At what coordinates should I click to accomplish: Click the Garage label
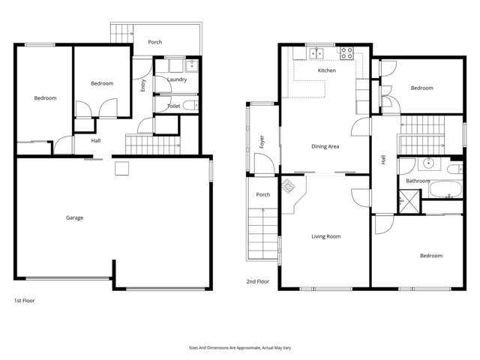click(x=74, y=218)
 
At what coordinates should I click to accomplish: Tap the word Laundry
click(x=177, y=79)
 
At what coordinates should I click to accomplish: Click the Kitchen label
click(x=326, y=70)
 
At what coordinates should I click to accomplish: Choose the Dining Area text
click(x=325, y=146)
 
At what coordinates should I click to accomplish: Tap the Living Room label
click(x=325, y=236)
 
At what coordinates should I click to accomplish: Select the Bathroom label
click(x=418, y=181)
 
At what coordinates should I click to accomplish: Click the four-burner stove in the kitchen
click(x=348, y=53)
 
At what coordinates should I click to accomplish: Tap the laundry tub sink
click(x=190, y=64)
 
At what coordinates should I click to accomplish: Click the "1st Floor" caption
click(x=24, y=300)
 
